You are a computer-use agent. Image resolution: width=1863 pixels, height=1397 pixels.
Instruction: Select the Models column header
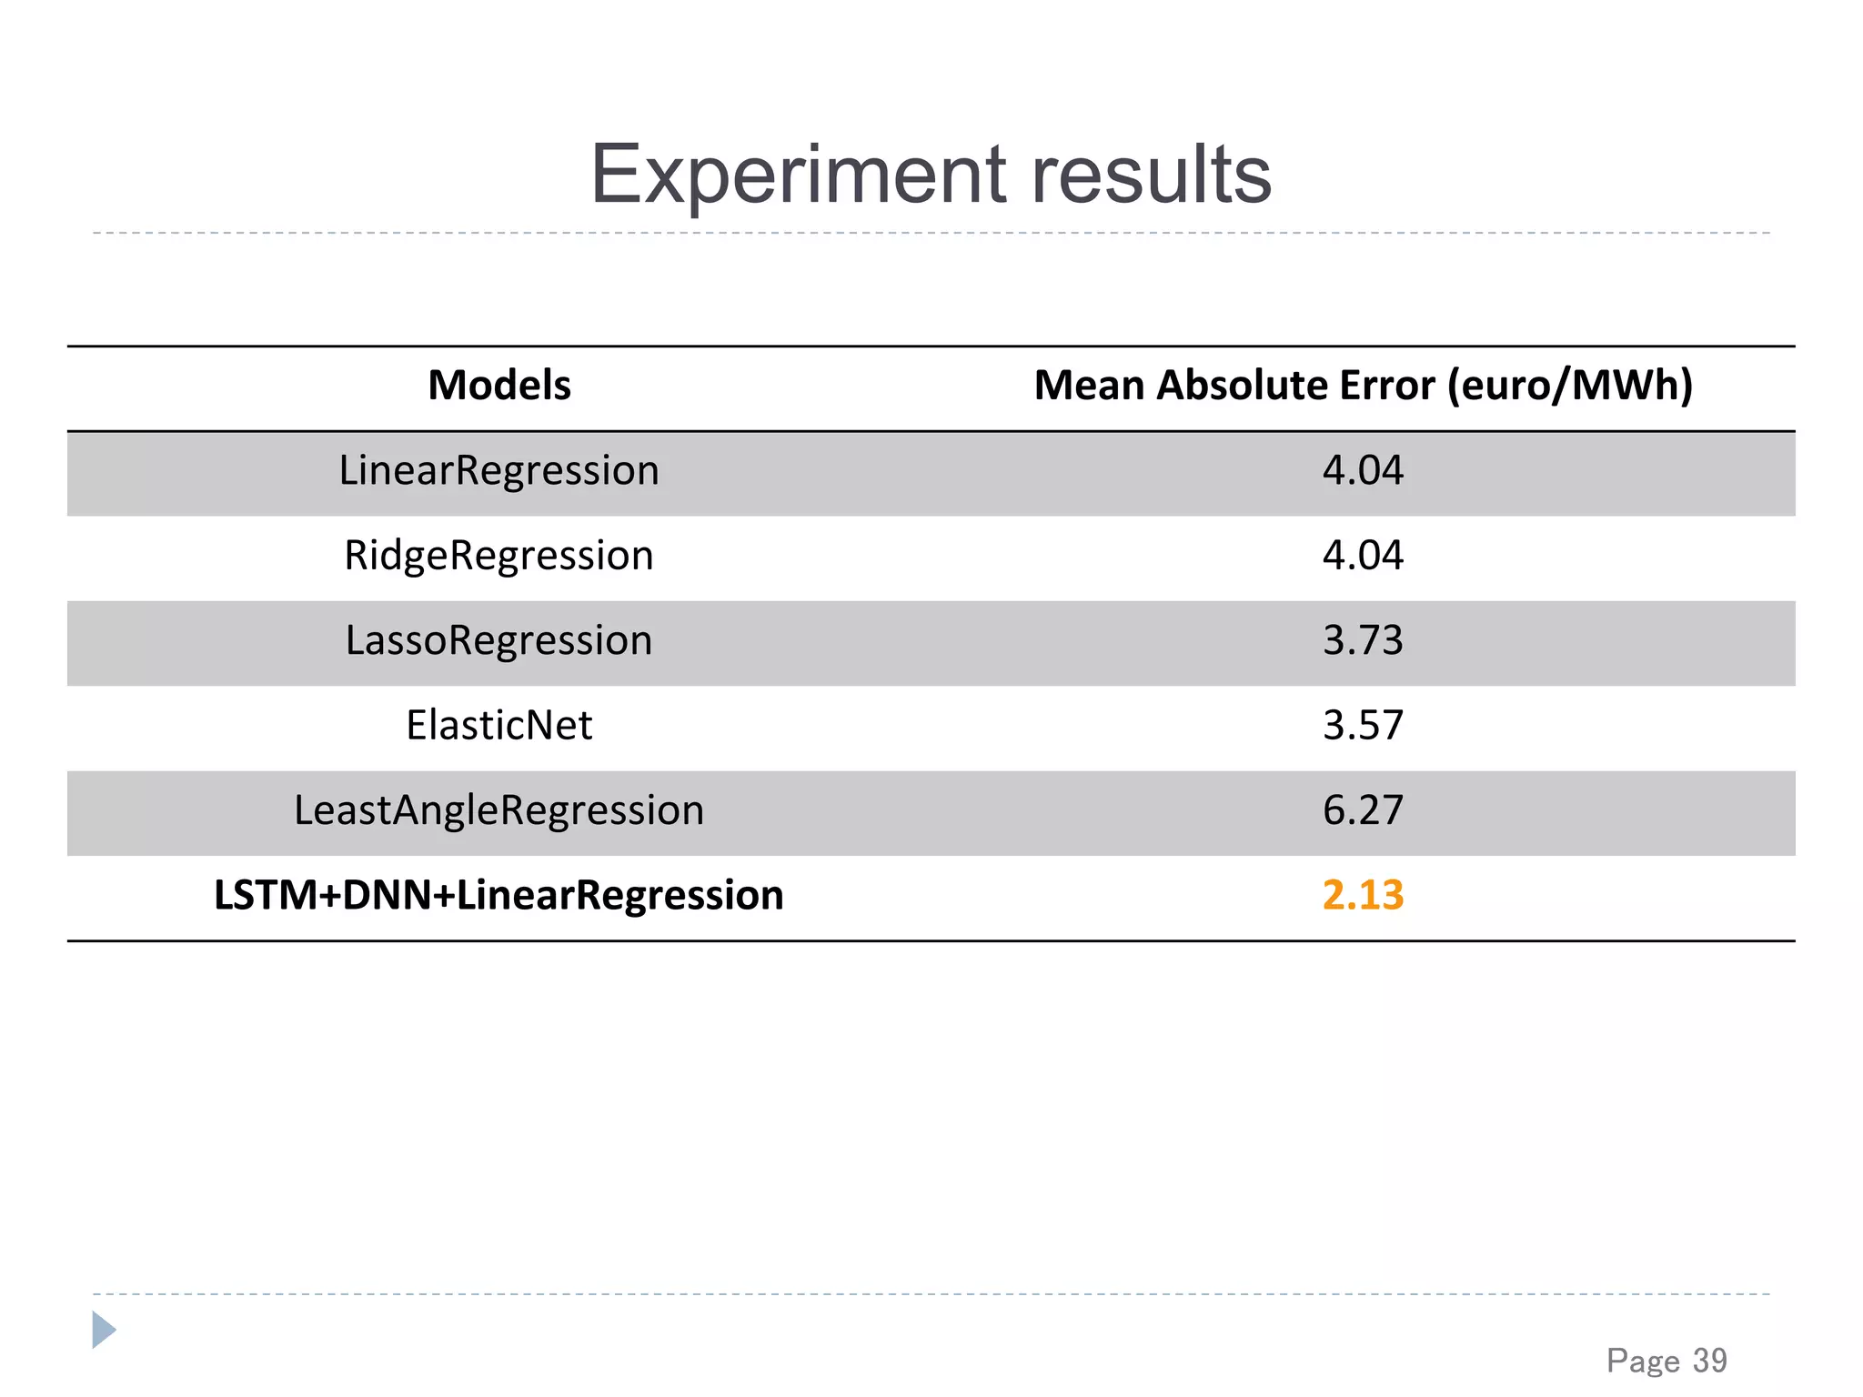499,386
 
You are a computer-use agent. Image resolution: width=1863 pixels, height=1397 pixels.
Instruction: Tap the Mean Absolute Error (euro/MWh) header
1363,386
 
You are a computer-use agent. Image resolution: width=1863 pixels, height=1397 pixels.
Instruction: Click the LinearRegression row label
498,471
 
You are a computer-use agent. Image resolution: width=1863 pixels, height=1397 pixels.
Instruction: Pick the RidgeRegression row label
498,556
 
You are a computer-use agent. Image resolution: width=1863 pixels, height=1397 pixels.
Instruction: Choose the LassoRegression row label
498,640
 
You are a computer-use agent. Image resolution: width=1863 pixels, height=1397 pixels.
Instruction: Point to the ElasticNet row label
498,726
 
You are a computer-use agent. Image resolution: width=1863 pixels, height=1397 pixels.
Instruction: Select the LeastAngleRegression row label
498,810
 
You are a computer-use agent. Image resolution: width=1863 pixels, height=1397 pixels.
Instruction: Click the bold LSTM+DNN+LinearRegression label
498,895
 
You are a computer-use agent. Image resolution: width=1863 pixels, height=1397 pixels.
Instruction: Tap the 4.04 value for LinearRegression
1363,471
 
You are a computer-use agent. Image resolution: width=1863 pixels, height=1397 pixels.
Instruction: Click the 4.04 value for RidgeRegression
1363,556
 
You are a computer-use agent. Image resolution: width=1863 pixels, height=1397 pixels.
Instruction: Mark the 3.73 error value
1363,640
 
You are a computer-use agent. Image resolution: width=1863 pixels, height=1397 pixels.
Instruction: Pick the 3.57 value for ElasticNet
1363,726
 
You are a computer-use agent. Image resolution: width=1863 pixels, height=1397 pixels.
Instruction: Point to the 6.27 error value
1363,810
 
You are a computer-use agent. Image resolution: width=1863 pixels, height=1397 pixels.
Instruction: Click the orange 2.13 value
1363,895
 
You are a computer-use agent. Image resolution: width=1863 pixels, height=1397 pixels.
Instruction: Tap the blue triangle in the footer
104,1330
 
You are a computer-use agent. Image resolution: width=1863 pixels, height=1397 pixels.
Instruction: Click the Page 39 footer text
1667,1361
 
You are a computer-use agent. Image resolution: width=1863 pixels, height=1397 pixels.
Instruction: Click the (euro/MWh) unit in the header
1570,386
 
